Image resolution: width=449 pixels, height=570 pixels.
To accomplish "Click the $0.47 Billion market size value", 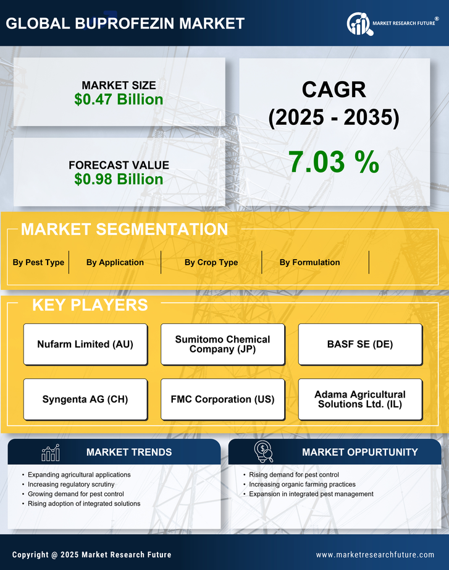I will click(x=119, y=100).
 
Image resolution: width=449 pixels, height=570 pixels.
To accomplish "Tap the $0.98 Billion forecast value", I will click(x=119, y=179).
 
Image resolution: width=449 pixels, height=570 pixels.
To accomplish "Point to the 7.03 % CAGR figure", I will click(x=334, y=162).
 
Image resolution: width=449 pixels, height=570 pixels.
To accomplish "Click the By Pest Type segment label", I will click(x=38, y=262).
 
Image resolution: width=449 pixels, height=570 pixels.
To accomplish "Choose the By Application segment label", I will click(x=115, y=262).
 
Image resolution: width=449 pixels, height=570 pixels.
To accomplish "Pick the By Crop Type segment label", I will click(x=211, y=262).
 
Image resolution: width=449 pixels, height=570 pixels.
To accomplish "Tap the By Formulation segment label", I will click(x=309, y=262).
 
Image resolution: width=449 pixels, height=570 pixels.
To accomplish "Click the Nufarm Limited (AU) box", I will click(x=85, y=344).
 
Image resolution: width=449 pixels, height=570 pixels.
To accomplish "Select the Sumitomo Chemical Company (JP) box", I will click(x=222, y=344).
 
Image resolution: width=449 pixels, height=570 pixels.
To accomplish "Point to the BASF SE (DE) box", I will click(x=360, y=344).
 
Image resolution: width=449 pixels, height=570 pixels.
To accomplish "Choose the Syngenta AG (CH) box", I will click(x=85, y=399).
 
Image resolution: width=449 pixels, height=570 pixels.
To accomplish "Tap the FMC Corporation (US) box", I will click(x=222, y=399).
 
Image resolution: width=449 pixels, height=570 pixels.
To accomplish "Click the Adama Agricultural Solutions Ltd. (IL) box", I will click(x=360, y=399).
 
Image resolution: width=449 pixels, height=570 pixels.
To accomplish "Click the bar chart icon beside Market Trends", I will click(x=50, y=453).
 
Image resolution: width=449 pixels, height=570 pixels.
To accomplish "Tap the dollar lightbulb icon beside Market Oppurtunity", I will click(x=264, y=452).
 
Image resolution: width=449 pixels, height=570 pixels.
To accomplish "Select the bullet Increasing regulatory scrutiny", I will click(x=71, y=485).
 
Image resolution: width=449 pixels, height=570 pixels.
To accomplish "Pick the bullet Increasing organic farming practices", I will click(x=302, y=485).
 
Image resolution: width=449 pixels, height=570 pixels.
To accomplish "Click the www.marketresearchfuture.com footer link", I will click(x=375, y=555).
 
